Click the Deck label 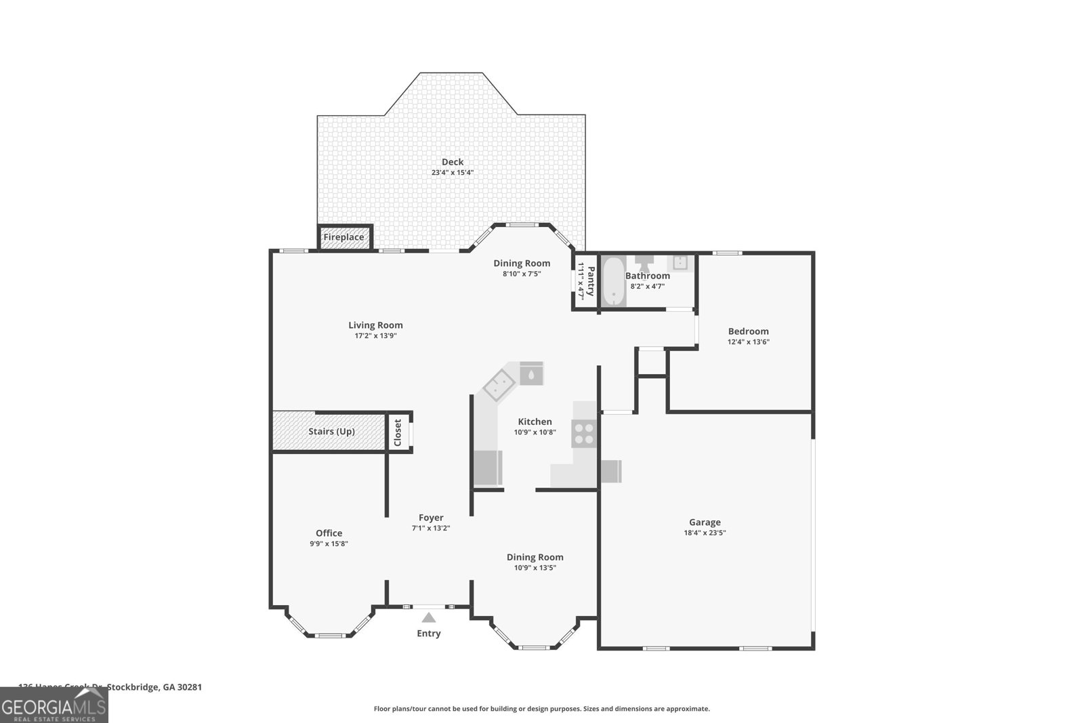coord(453,162)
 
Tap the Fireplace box coord(343,238)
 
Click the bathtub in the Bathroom coord(614,281)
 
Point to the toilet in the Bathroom coord(643,262)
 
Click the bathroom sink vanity coord(680,262)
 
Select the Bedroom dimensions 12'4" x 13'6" coord(748,342)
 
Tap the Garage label coord(705,522)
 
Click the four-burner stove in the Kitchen coord(584,434)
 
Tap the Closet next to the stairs coord(398,432)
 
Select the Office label coord(329,533)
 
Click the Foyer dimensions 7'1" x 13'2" coord(431,529)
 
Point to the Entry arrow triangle coord(428,617)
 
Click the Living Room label coord(375,325)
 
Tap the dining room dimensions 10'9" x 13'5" coord(535,568)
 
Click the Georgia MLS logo coord(54,705)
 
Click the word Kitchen coord(535,421)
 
